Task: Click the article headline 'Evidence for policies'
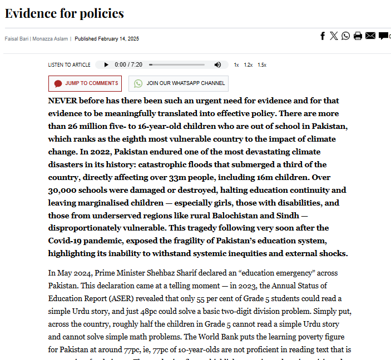coord(64,13)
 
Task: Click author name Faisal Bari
coord(17,39)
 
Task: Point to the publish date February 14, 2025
coord(107,39)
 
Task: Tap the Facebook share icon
coord(323,36)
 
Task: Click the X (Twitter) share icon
coord(334,36)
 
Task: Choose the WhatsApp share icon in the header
coord(346,36)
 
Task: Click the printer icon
coord(358,36)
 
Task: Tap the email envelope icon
coord(370,36)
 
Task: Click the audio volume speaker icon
coord(217,64)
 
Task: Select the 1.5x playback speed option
coord(262,65)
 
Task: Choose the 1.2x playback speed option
coord(248,65)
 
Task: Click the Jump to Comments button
coord(85,83)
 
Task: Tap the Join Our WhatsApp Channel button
coord(179,83)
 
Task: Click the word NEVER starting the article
coord(63,101)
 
